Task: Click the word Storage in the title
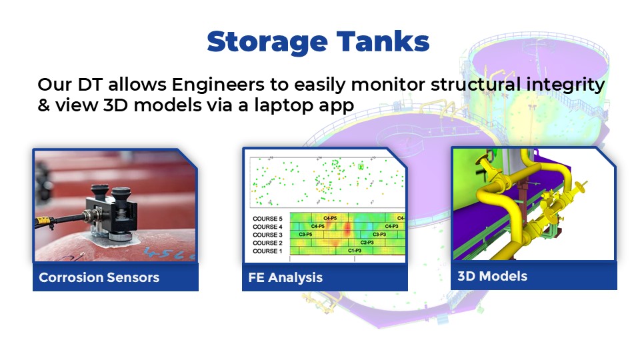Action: click(267, 43)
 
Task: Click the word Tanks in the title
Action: click(383, 41)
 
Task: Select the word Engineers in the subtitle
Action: click(218, 85)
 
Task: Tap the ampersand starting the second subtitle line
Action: click(44, 105)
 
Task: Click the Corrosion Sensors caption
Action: click(99, 277)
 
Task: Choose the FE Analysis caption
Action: click(285, 277)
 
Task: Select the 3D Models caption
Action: click(492, 276)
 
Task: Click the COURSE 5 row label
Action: click(267, 219)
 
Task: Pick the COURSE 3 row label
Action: click(267, 235)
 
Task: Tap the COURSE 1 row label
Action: click(267, 251)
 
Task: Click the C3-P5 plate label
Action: click(306, 234)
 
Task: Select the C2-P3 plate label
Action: click(367, 243)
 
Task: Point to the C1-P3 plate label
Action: click(355, 251)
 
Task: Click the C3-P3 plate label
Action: click(379, 234)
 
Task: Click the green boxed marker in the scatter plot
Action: click(361, 167)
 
